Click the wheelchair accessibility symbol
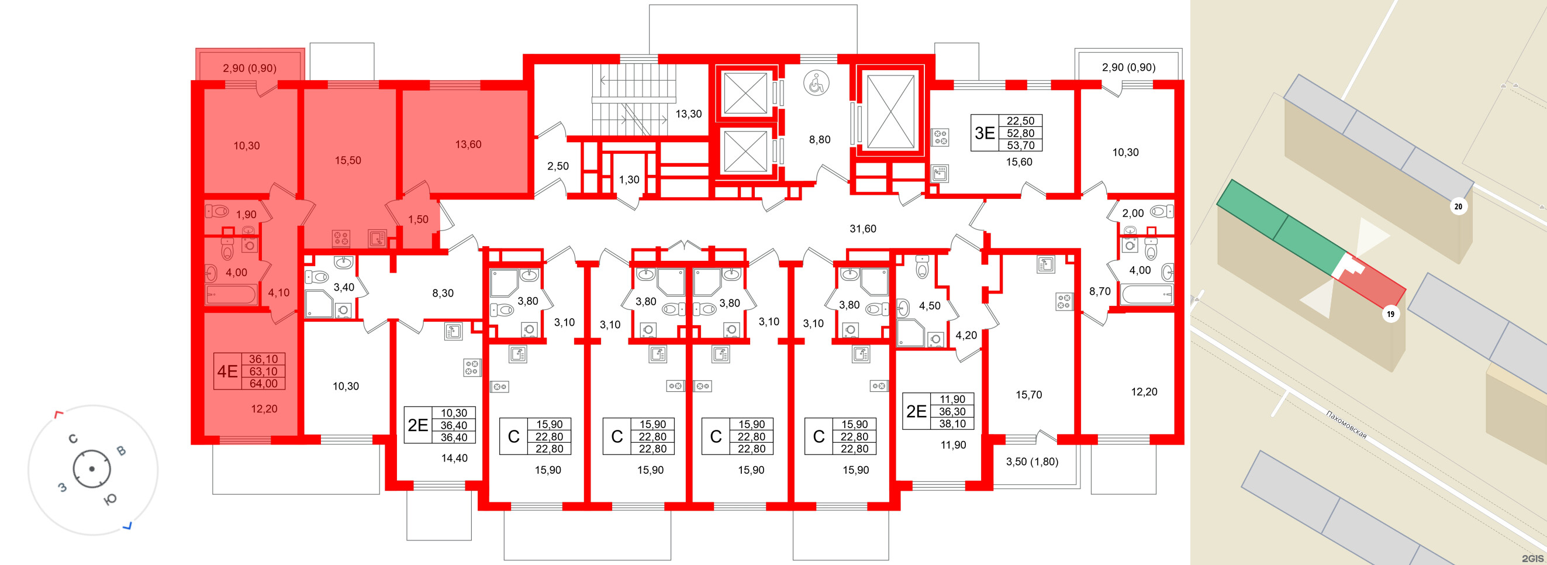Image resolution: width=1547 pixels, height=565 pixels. coord(816,83)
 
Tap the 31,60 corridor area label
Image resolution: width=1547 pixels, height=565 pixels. coord(862,229)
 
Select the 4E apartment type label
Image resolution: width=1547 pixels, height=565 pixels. coord(227,371)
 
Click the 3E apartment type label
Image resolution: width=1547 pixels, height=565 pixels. coord(985,133)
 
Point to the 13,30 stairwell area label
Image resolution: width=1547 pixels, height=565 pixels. coord(688,113)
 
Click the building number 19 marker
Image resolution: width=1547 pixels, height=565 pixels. coord(1390,313)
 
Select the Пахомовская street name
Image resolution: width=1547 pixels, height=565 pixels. coord(1346,425)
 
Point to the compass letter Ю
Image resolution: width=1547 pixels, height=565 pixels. coord(110,499)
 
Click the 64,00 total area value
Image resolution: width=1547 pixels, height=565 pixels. coord(263,384)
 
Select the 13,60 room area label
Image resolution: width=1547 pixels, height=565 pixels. coord(468,144)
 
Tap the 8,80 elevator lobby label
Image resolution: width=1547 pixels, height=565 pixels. coord(819,139)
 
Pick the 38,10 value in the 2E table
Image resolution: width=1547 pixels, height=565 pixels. coord(952,423)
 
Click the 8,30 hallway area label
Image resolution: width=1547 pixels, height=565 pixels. coord(443,293)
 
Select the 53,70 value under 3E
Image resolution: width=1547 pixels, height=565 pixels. coord(1020,145)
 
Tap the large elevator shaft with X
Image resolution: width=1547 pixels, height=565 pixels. coord(890,112)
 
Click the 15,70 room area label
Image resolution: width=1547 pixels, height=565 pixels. coord(1028,395)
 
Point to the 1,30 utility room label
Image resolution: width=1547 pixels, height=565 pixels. coord(629,179)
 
